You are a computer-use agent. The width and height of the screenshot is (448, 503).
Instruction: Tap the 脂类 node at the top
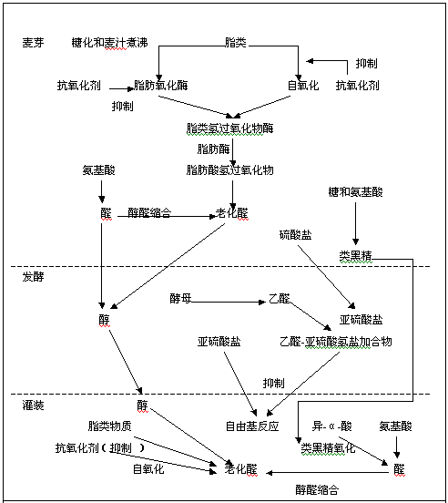pos(235,43)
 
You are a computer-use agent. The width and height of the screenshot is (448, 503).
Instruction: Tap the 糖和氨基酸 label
pos(355,192)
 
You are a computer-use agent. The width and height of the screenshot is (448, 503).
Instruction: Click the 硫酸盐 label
pos(295,235)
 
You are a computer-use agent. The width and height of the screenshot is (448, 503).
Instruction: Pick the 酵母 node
pos(180,298)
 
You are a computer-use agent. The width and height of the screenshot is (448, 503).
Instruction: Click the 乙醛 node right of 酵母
pos(279,298)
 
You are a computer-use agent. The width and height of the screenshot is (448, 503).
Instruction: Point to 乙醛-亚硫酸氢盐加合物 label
pos(336,341)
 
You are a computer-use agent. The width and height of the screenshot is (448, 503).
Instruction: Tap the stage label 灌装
pos(35,404)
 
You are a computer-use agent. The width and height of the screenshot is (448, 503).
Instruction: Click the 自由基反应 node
pos(252,426)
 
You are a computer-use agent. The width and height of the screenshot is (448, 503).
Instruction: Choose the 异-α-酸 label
pos(331,426)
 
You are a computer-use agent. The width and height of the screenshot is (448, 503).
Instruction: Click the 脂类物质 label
pos(109,426)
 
